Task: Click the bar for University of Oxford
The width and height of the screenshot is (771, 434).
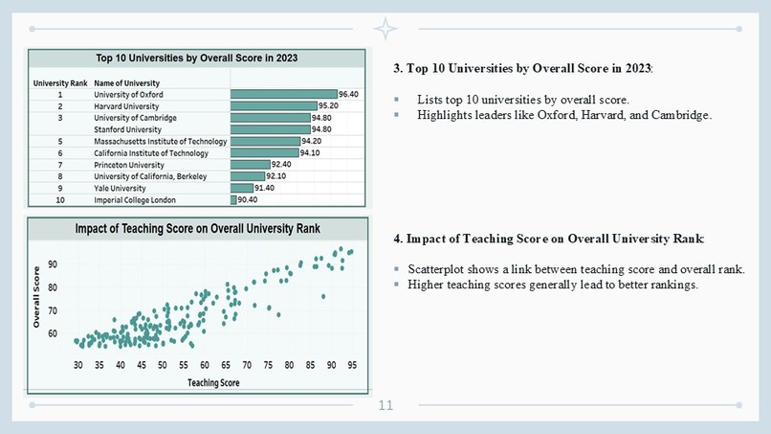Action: [283, 95]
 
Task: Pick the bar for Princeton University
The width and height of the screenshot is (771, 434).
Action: [250, 165]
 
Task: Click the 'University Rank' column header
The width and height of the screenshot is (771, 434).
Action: [60, 83]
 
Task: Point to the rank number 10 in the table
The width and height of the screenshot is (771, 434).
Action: [59, 200]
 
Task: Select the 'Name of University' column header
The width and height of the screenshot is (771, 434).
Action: [127, 83]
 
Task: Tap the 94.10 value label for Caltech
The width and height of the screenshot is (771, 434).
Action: [310, 153]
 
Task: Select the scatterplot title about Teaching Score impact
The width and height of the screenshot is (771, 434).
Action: [198, 229]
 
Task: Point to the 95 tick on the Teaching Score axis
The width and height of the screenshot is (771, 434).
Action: [352, 365]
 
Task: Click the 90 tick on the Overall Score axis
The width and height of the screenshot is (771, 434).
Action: [53, 263]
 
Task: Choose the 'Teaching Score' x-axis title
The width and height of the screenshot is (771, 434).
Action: [212, 382]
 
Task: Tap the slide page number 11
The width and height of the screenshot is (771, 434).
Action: [385, 406]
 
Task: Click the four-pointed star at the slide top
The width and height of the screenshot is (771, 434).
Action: [385, 29]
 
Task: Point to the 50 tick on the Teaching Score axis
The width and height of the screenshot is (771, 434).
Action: [162, 365]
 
